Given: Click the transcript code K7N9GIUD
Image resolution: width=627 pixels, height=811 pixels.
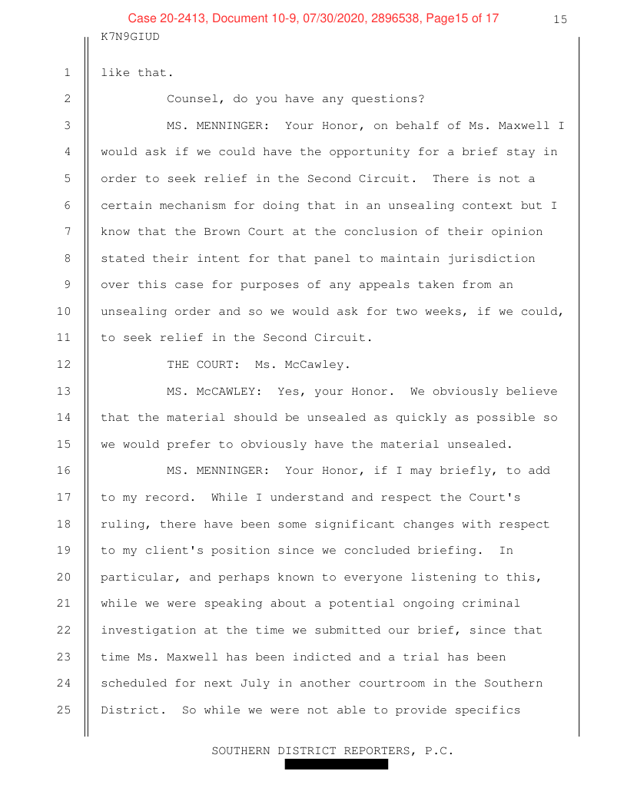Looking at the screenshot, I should tap(130, 36).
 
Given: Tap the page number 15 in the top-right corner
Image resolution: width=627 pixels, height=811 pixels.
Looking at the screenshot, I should tap(559, 19).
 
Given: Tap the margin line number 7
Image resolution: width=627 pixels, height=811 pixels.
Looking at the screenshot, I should tap(67, 232).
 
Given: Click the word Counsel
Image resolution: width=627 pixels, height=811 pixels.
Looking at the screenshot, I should tap(192, 99).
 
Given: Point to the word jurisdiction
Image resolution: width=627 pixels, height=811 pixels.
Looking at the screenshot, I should tap(498, 258).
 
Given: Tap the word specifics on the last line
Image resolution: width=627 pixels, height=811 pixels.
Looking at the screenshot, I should tap(486, 710).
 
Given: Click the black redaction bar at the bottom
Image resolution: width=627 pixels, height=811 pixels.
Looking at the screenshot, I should tap(336, 764).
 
